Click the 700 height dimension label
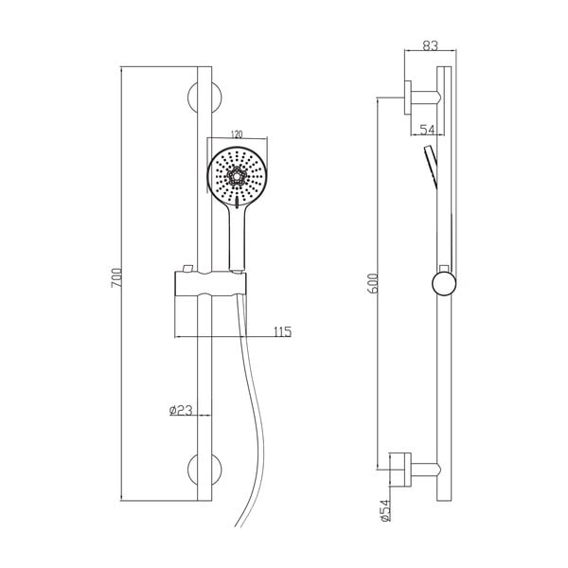(116, 277)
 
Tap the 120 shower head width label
(236, 134)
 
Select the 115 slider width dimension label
(282, 331)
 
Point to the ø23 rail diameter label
(181, 410)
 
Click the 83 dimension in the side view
(431, 45)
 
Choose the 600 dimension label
(374, 283)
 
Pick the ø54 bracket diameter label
(386, 510)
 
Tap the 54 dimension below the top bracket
(427, 130)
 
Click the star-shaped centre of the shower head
(237, 176)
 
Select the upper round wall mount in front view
(204, 98)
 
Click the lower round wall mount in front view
(204, 470)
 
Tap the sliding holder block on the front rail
(210, 283)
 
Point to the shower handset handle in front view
(237, 239)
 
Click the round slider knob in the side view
(444, 284)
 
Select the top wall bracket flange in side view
(408, 98)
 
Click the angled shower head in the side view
(431, 168)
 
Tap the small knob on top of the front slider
(187, 269)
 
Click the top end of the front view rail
(204, 67)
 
